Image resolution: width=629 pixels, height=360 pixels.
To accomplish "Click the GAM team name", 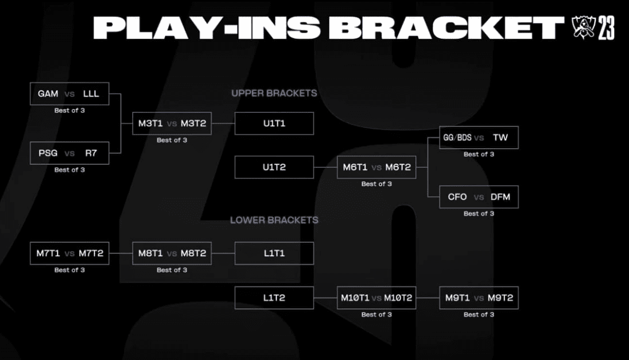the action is tap(48, 94).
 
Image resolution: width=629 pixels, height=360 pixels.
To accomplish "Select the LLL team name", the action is tap(91, 94).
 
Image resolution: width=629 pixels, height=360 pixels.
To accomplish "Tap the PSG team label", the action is tap(48, 153).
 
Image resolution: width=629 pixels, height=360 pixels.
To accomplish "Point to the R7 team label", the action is tap(91, 153).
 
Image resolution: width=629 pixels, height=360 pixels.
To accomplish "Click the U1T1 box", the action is tap(274, 123).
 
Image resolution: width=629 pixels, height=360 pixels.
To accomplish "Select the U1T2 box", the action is tap(274, 167).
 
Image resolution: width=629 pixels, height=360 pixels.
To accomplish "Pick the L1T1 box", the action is tap(274, 253).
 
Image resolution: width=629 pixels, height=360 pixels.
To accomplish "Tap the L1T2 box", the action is tap(274, 298).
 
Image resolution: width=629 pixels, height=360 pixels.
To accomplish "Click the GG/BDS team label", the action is tap(457, 138).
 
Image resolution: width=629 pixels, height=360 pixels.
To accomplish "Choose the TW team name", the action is tap(500, 138).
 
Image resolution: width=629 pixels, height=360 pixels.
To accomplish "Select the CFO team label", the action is tap(457, 197).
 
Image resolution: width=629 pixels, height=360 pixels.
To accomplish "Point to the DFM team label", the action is tap(500, 197).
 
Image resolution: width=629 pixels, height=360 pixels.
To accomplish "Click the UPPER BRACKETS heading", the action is tap(274, 93).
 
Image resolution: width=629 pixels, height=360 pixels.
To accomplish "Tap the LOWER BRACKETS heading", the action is tap(274, 220).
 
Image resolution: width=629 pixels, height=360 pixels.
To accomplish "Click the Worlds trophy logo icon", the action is tap(583, 28).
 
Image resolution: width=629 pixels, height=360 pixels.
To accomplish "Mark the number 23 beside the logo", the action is tap(606, 28).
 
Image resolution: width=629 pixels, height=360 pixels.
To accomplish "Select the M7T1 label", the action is tap(48, 253).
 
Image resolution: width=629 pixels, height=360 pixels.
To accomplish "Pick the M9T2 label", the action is tap(500, 298).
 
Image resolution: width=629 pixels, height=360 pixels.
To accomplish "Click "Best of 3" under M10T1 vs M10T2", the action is tap(376, 315).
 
